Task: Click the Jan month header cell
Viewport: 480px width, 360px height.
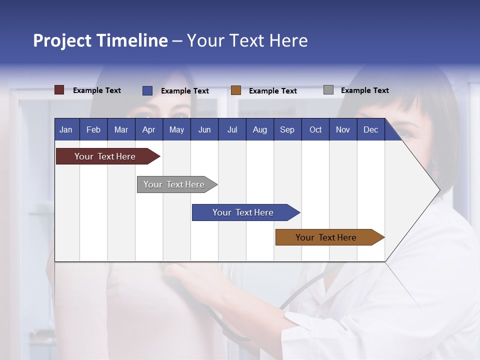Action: (x=66, y=129)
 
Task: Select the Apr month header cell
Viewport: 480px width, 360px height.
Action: (x=148, y=129)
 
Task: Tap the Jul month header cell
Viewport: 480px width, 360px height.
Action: (x=232, y=129)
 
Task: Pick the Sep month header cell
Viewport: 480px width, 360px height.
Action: (x=287, y=129)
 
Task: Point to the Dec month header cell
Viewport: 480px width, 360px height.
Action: (x=370, y=129)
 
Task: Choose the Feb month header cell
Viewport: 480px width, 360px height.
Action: (x=93, y=129)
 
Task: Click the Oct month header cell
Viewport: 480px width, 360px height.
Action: (x=315, y=129)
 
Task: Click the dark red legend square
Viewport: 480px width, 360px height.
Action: (x=59, y=90)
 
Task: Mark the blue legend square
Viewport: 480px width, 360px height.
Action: (x=147, y=90)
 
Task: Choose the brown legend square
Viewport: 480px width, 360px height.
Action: (x=236, y=90)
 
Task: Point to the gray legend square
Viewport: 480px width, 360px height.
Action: (x=328, y=90)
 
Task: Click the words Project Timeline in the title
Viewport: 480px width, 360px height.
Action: (x=100, y=40)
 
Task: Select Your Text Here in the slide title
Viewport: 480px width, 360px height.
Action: (x=247, y=40)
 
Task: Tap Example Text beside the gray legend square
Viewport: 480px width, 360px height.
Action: (x=364, y=90)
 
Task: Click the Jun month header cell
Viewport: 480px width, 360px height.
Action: (x=204, y=129)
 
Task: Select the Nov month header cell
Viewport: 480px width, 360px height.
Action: (x=342, y=129)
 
